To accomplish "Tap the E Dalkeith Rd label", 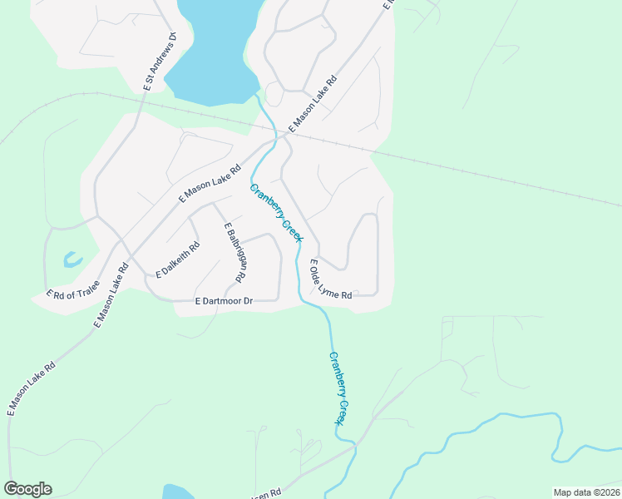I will [x=178, y=259].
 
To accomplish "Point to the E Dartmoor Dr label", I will [x=223, y=301].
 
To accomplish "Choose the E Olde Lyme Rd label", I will [x=330, y=280].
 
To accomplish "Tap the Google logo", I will [x=27, y=489].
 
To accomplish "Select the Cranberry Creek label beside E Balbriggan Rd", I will [x=277, y=213].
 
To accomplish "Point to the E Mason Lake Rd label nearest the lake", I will [x=313, y=104].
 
